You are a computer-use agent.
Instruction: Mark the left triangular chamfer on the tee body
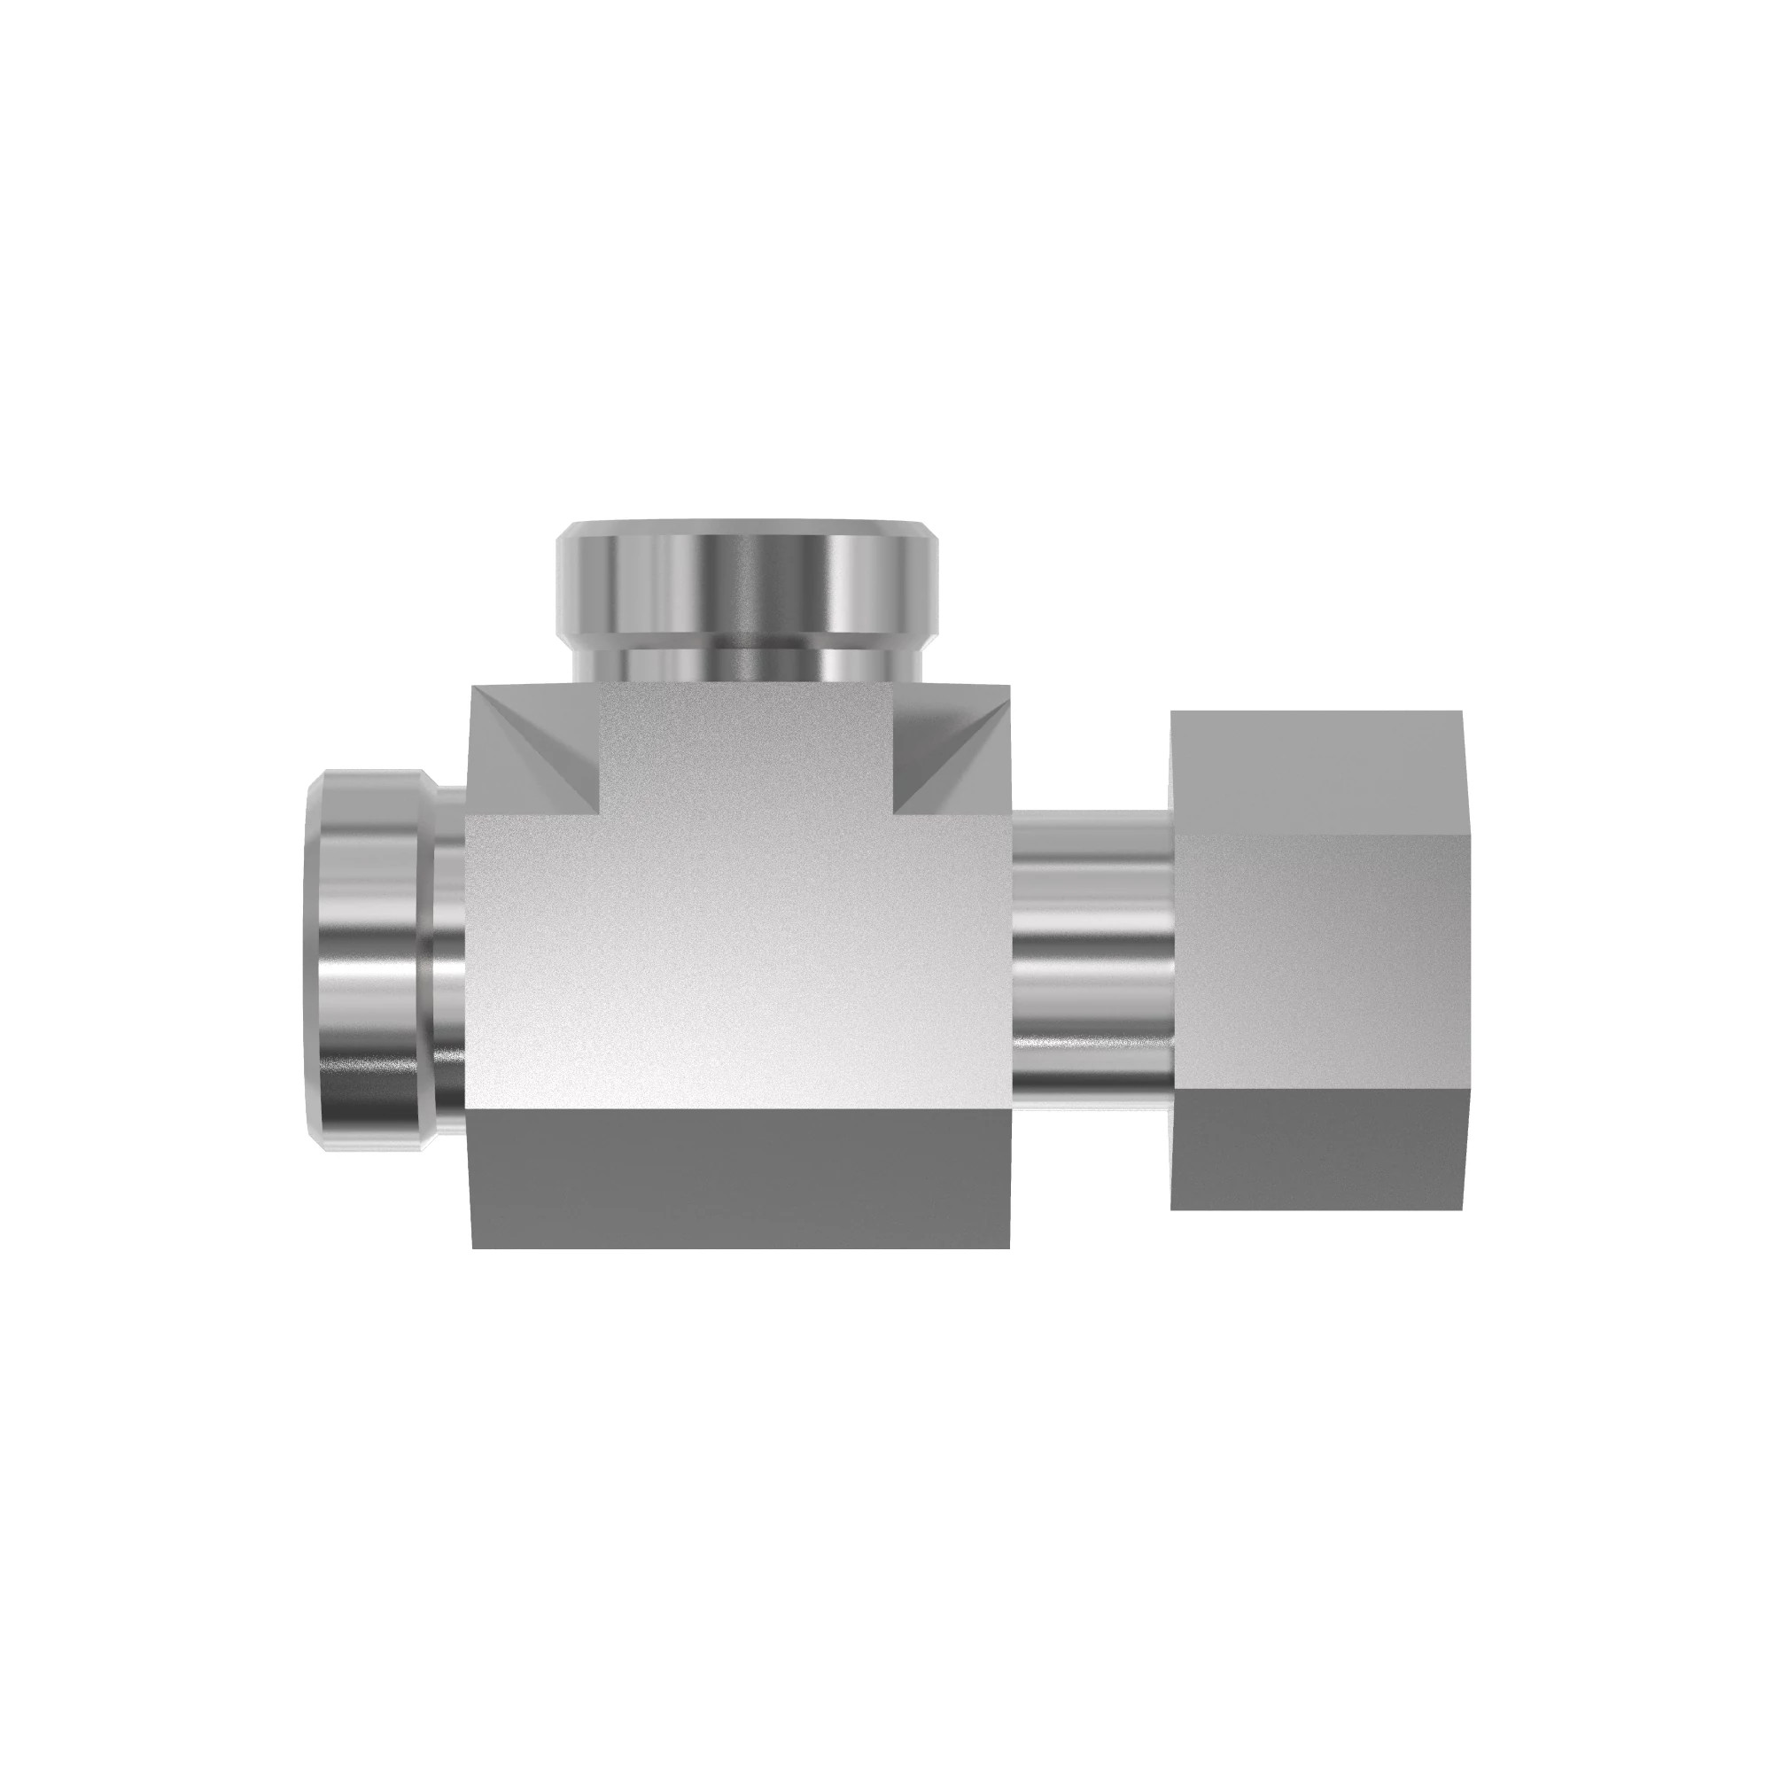pyautogui.click(x=541, y=752)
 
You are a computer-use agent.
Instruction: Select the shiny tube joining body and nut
pyautogui.click(x=1092, y=954)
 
